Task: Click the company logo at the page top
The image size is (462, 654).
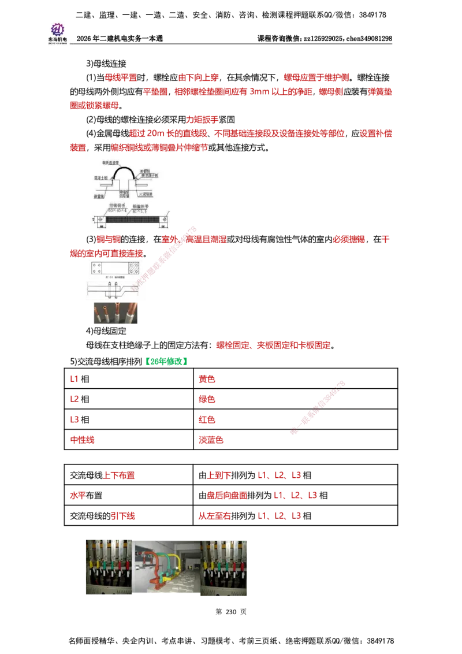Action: pos(58,32)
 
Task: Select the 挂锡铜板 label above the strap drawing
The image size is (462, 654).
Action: pos(117,205)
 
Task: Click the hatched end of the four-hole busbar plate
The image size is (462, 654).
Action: pos(133,268)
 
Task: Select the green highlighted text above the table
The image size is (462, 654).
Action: pos(166,361)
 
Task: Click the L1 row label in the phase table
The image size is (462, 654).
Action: pos(74,379)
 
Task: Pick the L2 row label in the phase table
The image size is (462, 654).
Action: pos(74,399)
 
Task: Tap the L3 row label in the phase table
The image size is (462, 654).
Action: pos(74,419)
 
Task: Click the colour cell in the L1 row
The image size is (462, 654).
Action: pos(207,379)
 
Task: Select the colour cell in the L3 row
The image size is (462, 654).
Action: pos(207,419)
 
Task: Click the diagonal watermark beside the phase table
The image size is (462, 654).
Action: pos(318,407)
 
